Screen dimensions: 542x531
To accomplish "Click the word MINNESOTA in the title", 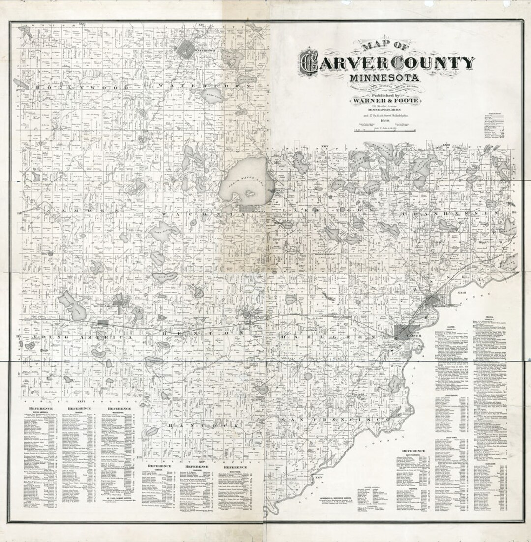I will point(384,78).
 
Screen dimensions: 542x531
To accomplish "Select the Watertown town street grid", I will point(187,49).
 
